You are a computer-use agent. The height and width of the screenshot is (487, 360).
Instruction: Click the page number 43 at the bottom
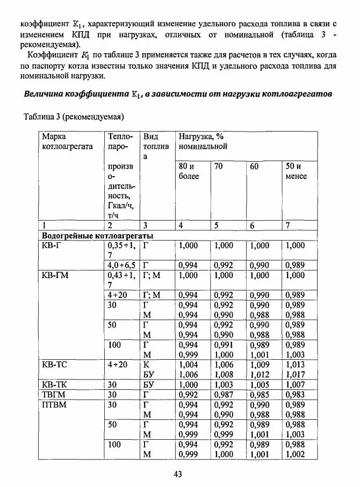(179, 474)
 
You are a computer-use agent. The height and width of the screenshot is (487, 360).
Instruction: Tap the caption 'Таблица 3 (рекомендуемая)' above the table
(74, 117)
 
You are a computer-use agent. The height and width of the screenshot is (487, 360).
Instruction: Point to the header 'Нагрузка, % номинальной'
(203, 141)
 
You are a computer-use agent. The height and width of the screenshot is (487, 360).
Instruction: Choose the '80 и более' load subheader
(189, 171)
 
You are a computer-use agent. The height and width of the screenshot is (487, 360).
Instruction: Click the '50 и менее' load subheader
(296, 171)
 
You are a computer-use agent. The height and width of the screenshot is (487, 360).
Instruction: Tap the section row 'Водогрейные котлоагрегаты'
(97, 235)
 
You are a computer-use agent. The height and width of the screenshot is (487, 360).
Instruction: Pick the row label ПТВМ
(54, 404)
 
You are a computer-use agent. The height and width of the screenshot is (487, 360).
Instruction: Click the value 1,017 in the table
(295, 375)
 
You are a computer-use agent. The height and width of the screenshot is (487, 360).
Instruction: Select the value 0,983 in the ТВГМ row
(295, 395)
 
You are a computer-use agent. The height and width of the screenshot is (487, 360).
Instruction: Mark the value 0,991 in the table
(224, 345)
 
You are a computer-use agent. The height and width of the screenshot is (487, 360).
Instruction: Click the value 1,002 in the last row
(295, 454)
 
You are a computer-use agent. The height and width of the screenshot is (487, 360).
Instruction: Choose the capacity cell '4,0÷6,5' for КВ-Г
(121, 265)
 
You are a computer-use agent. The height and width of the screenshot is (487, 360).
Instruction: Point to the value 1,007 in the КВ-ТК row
(295, 384)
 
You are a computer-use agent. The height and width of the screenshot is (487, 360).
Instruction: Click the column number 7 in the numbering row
(287, 226)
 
